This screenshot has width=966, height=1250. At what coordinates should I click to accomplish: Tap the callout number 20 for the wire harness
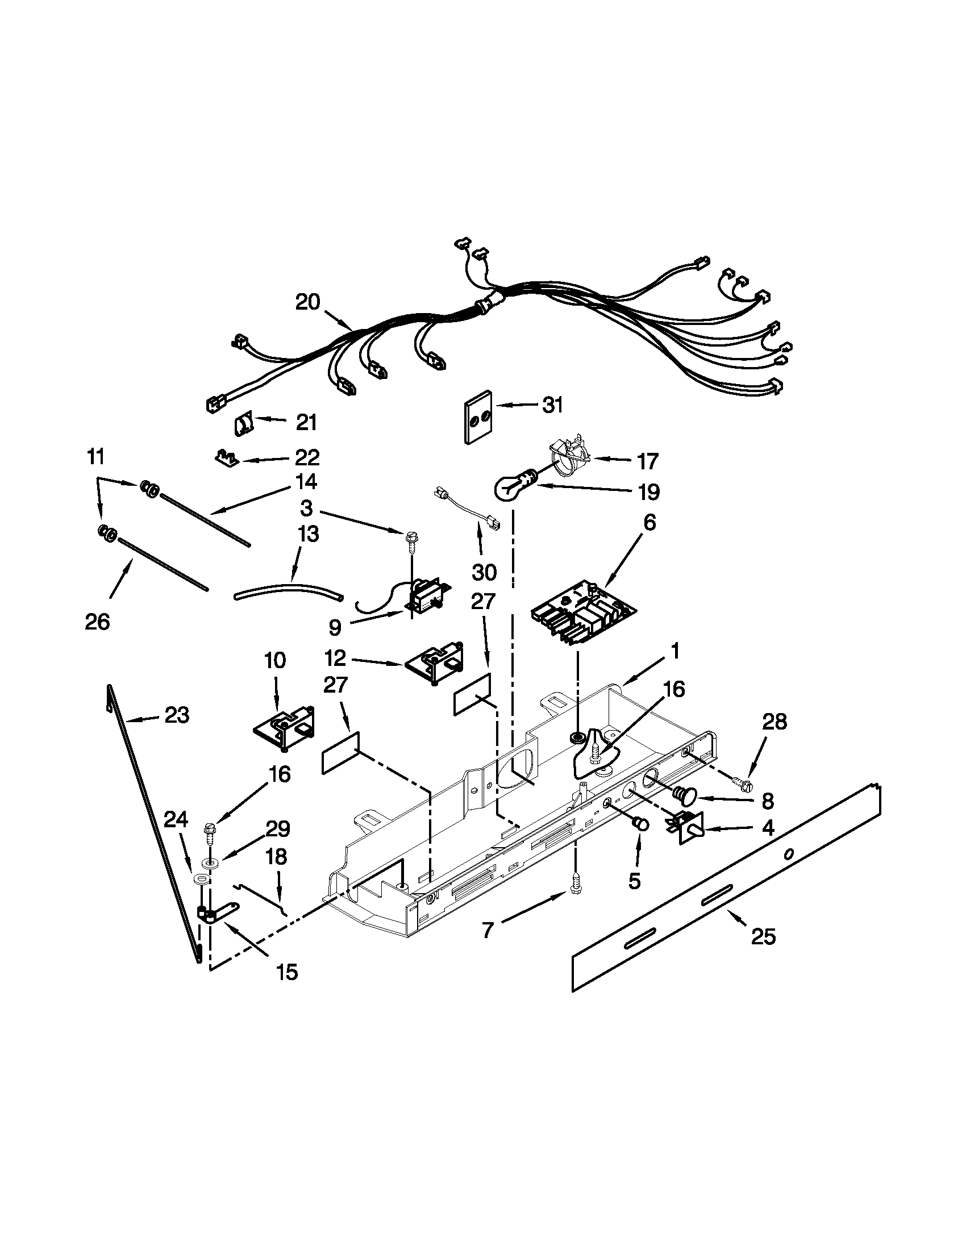(308, 302)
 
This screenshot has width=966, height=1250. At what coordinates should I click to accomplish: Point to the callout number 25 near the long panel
(763, 936)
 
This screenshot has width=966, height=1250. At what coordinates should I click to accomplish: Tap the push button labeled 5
(641, 826)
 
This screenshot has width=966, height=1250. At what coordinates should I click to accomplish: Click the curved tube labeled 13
(289, 591)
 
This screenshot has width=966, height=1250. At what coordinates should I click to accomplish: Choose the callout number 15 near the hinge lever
(288, 971)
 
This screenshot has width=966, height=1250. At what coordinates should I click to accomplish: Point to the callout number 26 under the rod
(97, 621)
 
